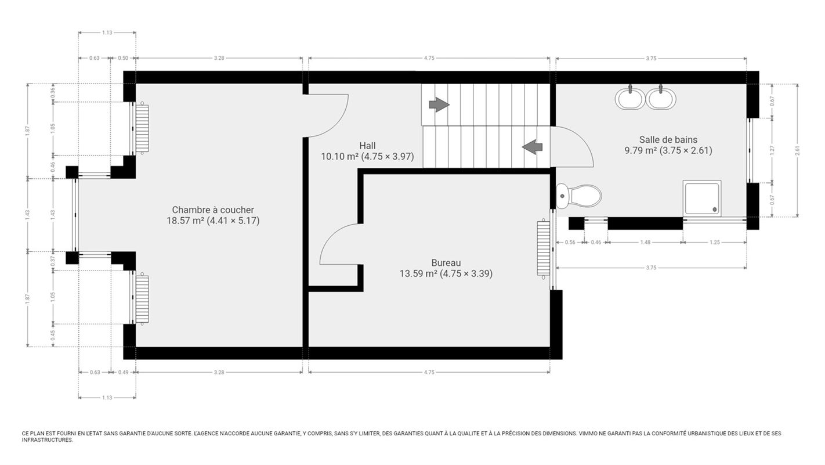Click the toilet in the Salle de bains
coord(579,196)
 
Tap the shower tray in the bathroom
coord(702,198)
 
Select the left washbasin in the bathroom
coord(630,98)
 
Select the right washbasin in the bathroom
coord(661,98)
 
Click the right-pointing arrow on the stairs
coord(439,104)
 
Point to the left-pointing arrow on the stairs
coord(533,147)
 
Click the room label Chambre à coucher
coord(213,210)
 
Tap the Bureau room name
coord(446,263)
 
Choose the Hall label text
coord(368,146)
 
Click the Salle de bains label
coord(668,140)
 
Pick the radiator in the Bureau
coord(543,249)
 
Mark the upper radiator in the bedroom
coord(142,128)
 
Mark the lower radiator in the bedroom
coord(142,299)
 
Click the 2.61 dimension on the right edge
coord(797,150)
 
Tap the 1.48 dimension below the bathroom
coord(645,242)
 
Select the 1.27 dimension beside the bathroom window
coord(772,150)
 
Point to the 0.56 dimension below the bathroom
coord(570,242)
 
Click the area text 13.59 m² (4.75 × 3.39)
coord(446,273)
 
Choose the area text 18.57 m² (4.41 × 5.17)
coord(213,221)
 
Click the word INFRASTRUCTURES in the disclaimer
coord(47,440)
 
